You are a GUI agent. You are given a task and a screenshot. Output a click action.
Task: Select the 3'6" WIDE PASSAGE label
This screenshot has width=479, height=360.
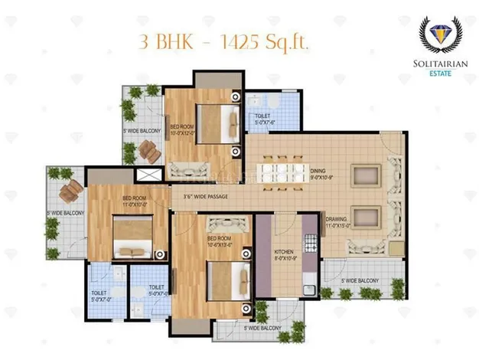click(x=204, y=197)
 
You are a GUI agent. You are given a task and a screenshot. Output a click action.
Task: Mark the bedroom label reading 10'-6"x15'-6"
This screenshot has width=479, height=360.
click(x=219, y=242)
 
